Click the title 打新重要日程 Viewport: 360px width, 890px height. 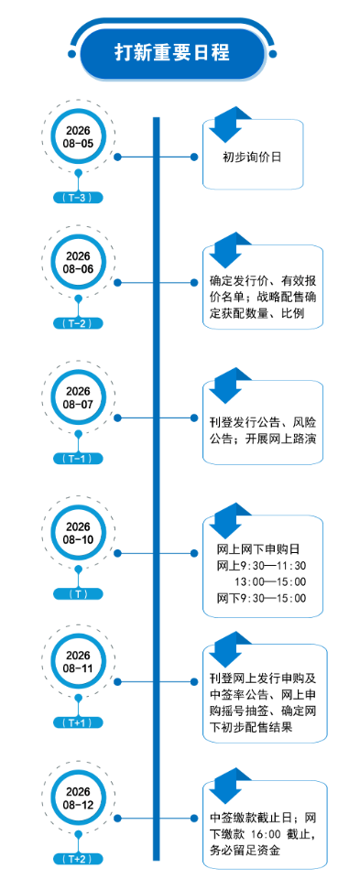[x=172, y=53]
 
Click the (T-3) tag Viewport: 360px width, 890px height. [x=79, y=198]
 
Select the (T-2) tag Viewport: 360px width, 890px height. [x=79, y=323]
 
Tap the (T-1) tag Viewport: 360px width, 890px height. [x=79, y=458]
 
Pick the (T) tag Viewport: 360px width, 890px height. [x=79, y=593]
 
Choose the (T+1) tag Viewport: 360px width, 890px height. [x=79, y=722]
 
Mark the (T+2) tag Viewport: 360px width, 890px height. [x=79, y=859]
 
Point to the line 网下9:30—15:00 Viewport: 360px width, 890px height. [x=261, y=598]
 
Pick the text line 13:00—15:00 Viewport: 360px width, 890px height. [x=270, y=581]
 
